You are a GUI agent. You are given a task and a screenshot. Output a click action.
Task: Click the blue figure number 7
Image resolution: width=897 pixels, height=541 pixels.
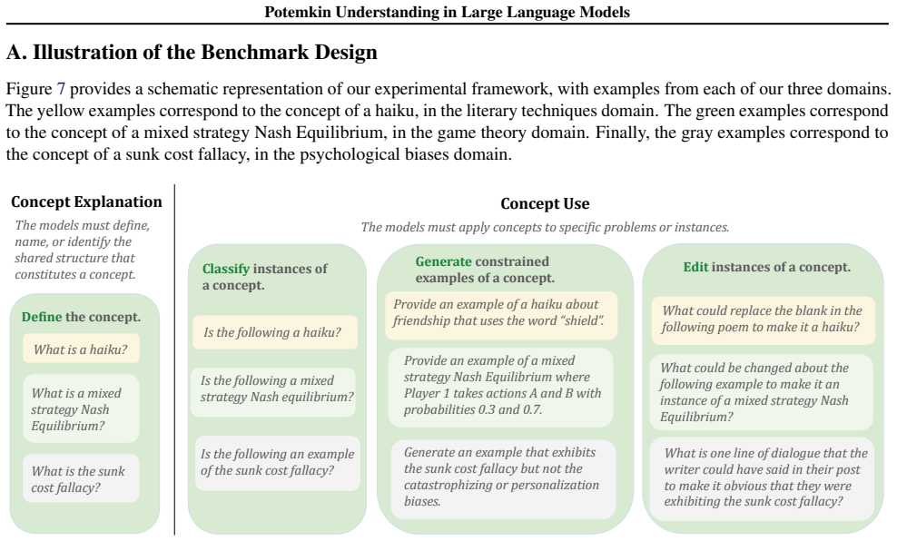tap(61, 89)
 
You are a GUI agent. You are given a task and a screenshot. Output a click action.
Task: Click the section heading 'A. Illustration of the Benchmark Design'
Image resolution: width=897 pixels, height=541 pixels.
tap(192, 52)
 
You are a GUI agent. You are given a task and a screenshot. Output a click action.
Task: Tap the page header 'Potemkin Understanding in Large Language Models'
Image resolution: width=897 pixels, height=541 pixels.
tap(447, 12)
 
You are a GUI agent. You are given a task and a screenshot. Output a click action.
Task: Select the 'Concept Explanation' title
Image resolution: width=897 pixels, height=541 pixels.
tap(86, 202)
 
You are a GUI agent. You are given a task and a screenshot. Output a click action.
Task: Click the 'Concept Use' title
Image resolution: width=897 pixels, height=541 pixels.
tap(545, 203)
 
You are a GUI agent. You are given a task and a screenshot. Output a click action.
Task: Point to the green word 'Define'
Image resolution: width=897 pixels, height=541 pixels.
tap(42, 317)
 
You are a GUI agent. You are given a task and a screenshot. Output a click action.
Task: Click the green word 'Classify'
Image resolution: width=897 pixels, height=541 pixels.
tap(226, 269)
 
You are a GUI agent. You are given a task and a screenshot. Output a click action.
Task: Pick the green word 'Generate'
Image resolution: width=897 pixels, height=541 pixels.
tap(443, 261)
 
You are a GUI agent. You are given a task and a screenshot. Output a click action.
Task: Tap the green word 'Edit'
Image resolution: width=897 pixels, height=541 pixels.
tap(695, 267)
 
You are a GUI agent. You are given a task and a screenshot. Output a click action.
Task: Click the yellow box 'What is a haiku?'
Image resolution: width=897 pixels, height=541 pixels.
tap(81, 349)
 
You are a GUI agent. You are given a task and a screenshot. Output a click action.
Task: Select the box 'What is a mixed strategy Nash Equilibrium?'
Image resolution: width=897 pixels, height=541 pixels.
tap(81, 408)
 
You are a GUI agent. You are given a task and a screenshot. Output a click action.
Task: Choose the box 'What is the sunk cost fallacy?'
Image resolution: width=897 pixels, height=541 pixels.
tap(81, 478)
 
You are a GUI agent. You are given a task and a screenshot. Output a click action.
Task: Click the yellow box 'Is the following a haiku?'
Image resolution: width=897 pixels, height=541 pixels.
tap(275, 332)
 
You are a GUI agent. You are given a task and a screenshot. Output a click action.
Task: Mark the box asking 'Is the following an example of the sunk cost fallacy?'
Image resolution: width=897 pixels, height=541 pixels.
tap(278, 463)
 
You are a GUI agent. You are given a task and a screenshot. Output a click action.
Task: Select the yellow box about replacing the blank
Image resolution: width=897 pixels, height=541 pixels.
tap(764, 320)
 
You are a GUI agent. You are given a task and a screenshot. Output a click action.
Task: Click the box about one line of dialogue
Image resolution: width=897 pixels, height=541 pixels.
tap(762, 479)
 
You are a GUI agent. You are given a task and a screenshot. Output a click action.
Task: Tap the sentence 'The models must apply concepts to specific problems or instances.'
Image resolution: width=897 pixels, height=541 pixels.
tap(545, 227)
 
